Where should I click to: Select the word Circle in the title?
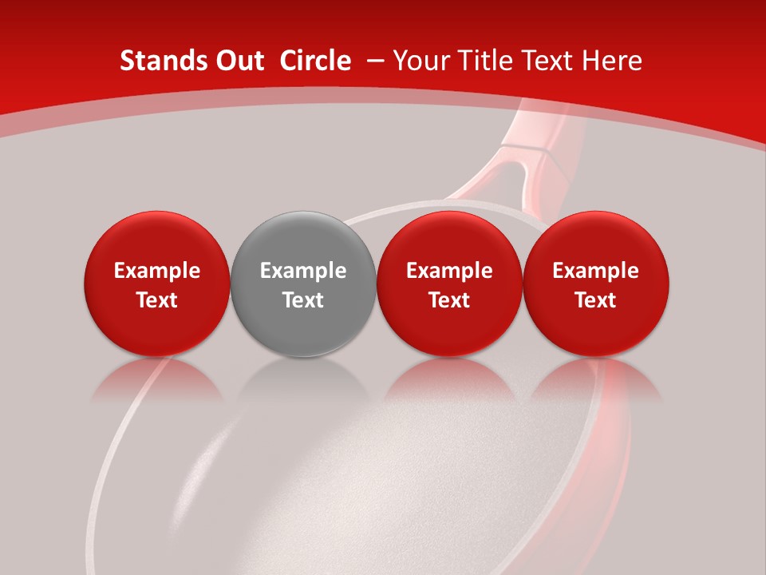coord(315,61)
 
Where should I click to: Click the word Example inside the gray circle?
coord(303,271)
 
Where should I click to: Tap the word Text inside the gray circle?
coord(303,300)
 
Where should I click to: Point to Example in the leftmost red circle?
coord(156,271)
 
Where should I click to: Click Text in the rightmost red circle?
coord(596,300)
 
